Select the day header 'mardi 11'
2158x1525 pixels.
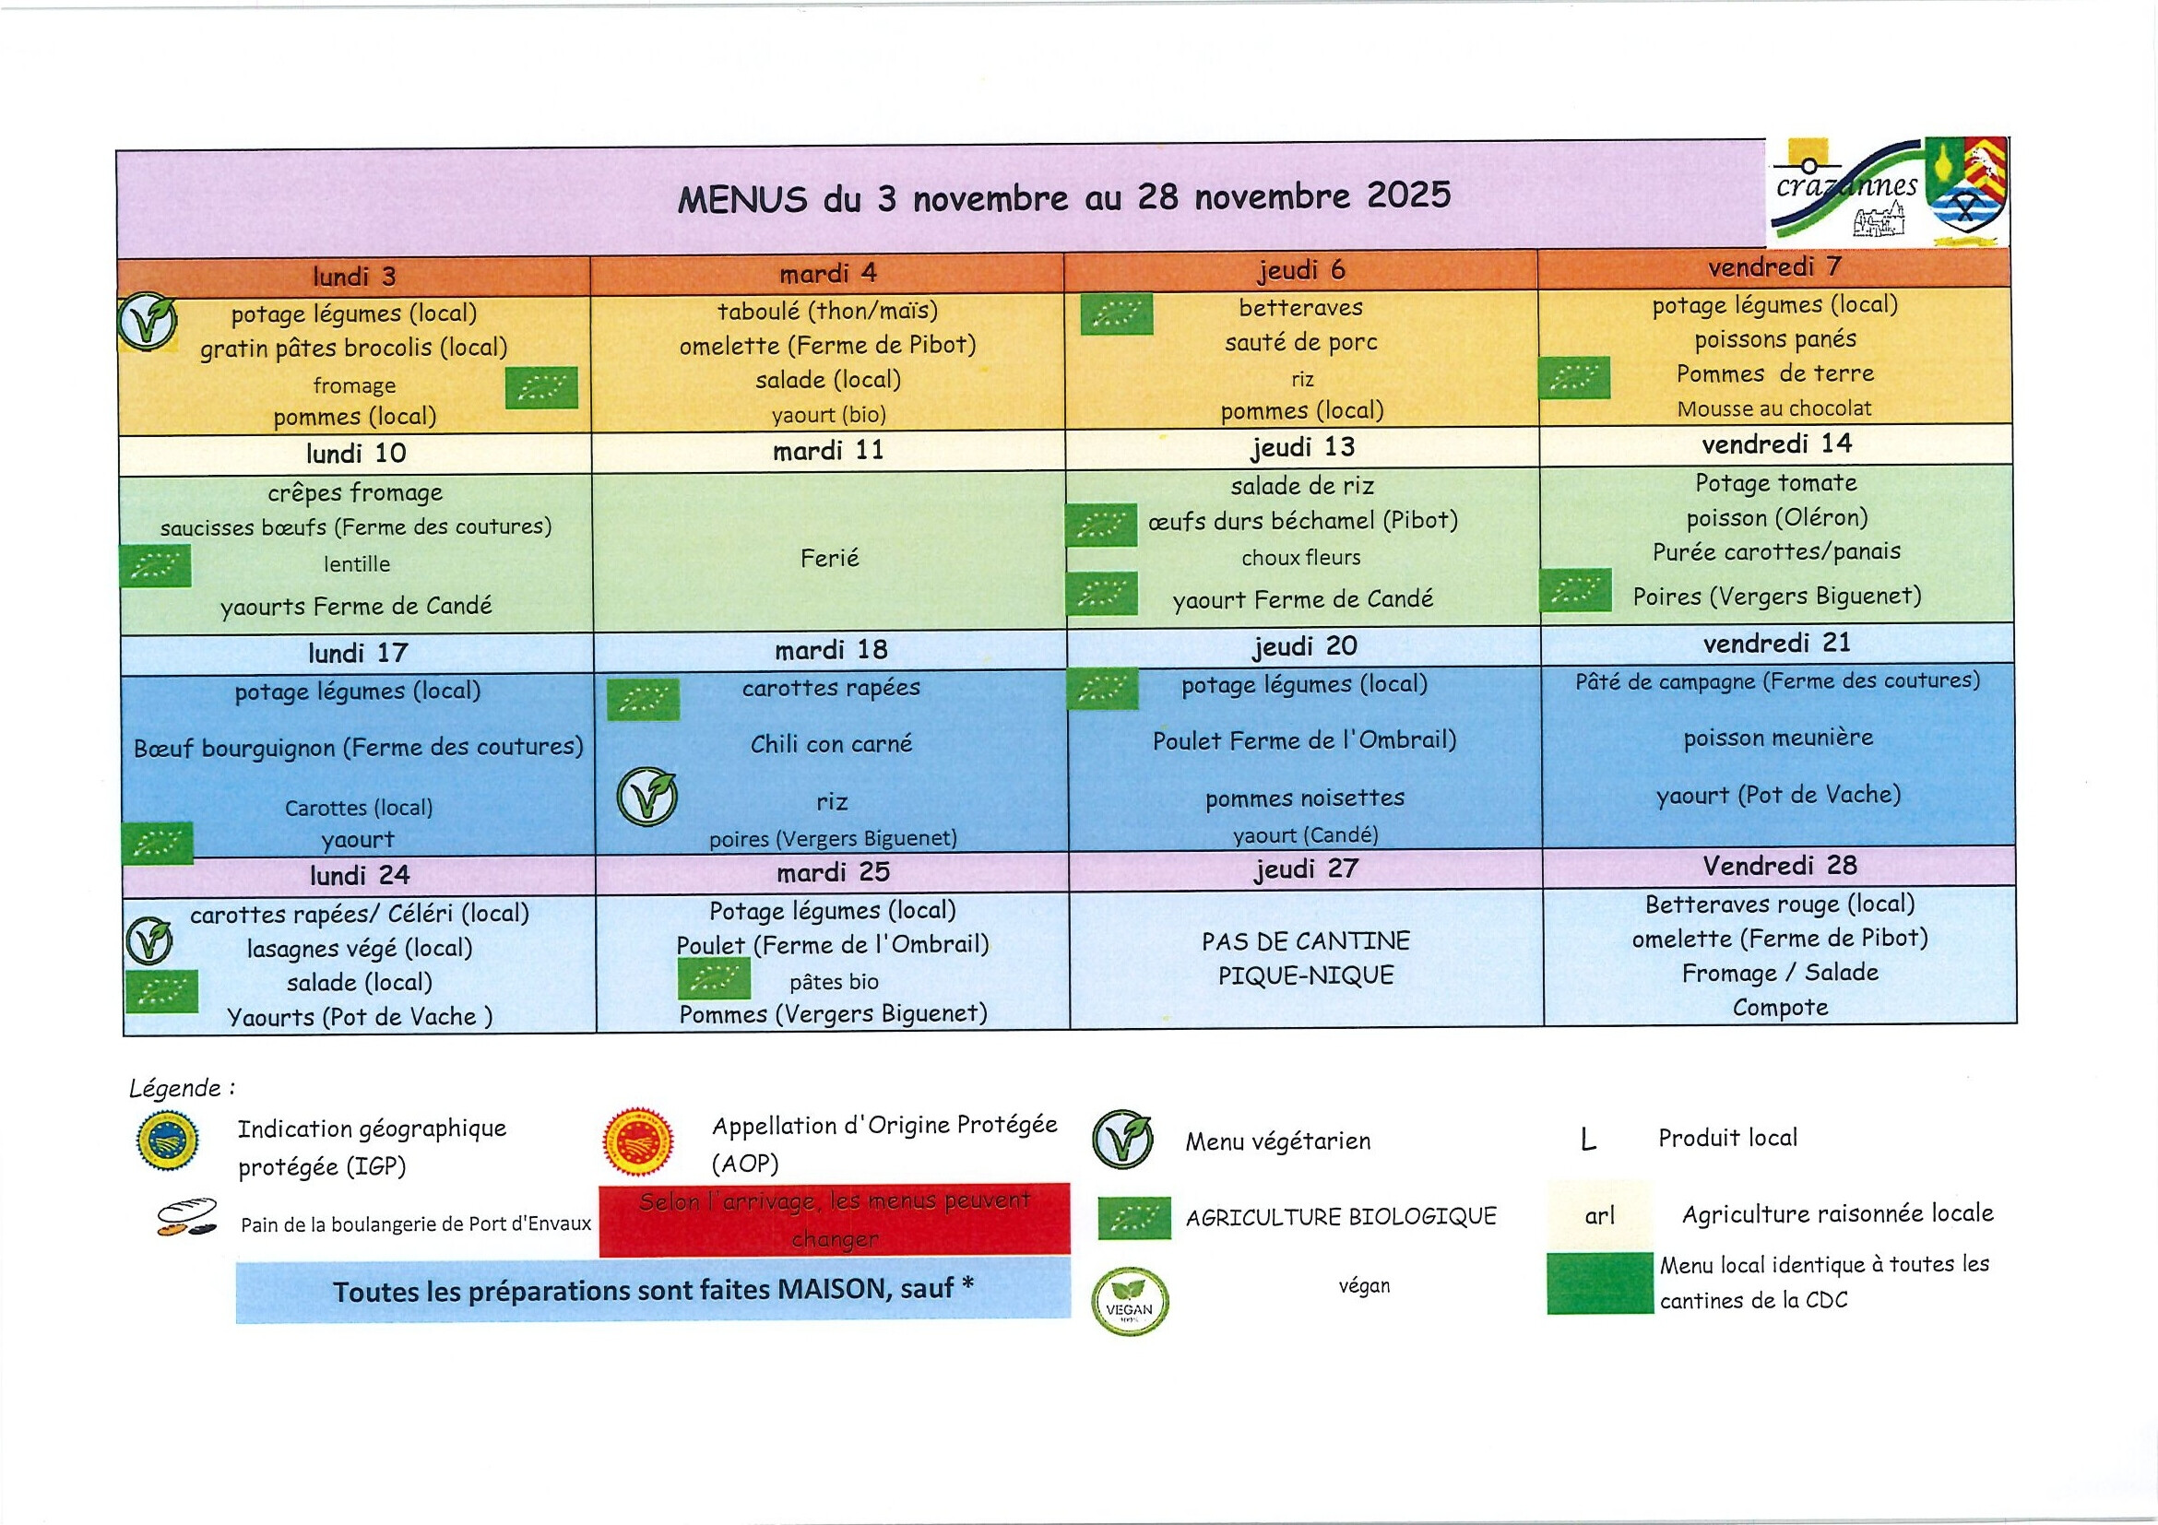tap(828, 452)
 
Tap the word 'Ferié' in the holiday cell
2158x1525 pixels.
tap(830, 559)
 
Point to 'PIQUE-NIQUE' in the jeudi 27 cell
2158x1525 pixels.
tap(1306, 976)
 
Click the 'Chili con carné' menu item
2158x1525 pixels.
tap(831, 745)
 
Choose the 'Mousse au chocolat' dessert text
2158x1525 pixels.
tap(1773, 408)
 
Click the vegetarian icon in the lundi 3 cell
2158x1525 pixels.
tap(148, 323)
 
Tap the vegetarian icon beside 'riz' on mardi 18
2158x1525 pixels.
tap(646, 797)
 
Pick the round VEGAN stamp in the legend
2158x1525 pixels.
tap(1129, 1302)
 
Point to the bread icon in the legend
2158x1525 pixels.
tap(186, 1218)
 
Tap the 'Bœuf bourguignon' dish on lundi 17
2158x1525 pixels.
tap(357, 748)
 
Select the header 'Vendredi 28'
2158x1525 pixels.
tap(1779, 867)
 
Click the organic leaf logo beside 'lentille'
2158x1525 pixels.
tap(155, 565)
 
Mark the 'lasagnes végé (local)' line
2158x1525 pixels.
tap(359, 949)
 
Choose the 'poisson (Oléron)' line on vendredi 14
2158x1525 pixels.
tap(1776, 518)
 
